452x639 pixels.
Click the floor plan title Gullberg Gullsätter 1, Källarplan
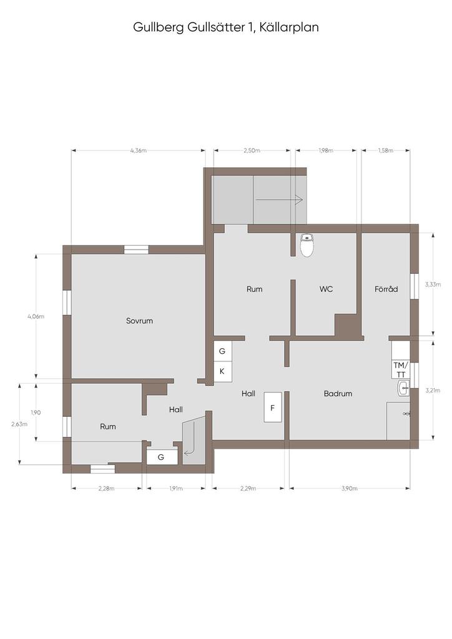coord(226,27)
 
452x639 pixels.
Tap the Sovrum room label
coord(139,321)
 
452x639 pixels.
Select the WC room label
coord(326,289)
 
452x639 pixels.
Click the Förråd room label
coord(386,289)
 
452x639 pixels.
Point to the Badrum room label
coord(338,394)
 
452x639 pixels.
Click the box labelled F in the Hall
coord(273,408)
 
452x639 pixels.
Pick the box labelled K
coord(222,371)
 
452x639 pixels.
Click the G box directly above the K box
coord(222,351)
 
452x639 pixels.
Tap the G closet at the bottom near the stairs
coord(161,457)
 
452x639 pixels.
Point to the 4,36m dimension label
coord(138,150)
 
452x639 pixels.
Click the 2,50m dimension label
coord(252,150)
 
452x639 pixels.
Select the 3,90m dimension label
coord(349,489)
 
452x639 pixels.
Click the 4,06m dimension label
coord(36,316)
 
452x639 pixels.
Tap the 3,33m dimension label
coord(431,284)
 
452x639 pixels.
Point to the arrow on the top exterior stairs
coord(279,200)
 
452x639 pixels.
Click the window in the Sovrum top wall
coord(136,250)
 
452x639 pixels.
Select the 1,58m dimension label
coord(385,150)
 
